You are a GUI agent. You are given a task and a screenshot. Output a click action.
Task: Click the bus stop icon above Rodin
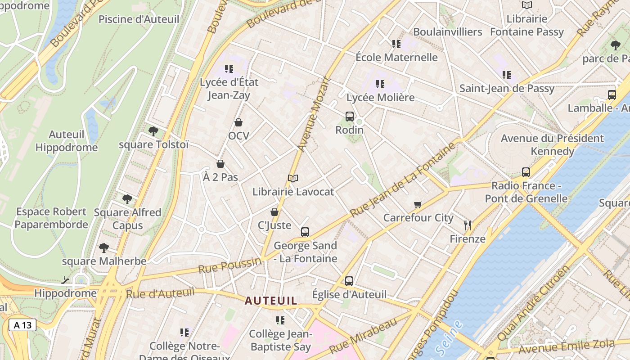pyautogui.click(x=350, y=117)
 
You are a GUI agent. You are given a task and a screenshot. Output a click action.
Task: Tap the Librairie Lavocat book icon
pyautogui.click(x=293, y=179)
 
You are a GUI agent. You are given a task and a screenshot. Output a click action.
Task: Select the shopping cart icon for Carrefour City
pyautogui.click(x=418, y=205)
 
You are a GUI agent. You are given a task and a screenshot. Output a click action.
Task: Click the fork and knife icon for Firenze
pyautogui.click(x=468, y=225)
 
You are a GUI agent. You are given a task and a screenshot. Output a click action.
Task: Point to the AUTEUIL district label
pyautogui.click(x=271, y=301)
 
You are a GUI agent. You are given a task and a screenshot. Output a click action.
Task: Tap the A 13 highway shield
pyautogui.click(x=22, y=325)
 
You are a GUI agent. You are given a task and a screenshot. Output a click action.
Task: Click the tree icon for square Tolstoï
pyautogui.click(x=153, y=131)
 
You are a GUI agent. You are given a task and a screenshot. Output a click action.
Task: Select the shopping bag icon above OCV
pyautogui.click(x=238, y=122)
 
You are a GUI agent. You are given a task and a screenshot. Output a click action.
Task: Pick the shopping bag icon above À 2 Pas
pyautogui.click(x=220, y=164)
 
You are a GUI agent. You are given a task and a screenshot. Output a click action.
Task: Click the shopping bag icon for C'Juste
pyautogui.click(x=274, y=212)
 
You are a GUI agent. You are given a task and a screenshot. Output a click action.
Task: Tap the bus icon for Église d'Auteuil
pyautogui.click(x=349, y=281)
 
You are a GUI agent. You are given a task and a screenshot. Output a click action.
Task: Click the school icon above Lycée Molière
pyautogui.click(x=380, y=84)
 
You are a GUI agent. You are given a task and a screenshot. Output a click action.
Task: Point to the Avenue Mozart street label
pyautogui.click(x=315, y=115)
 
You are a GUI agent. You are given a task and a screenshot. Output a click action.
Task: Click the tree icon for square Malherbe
pyautogui.click(x=104, y=248)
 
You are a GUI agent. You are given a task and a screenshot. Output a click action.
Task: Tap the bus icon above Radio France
pyautogui.click(x=526, y=172)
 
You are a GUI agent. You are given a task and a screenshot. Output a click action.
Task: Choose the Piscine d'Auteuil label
pyautogui.click(x=139, y=19)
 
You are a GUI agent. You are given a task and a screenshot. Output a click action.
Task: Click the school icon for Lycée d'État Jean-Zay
pyautogui.click(x=229, y=69)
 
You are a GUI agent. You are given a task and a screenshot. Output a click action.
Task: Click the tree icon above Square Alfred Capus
pyautogui.click(x=127, y=199)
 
